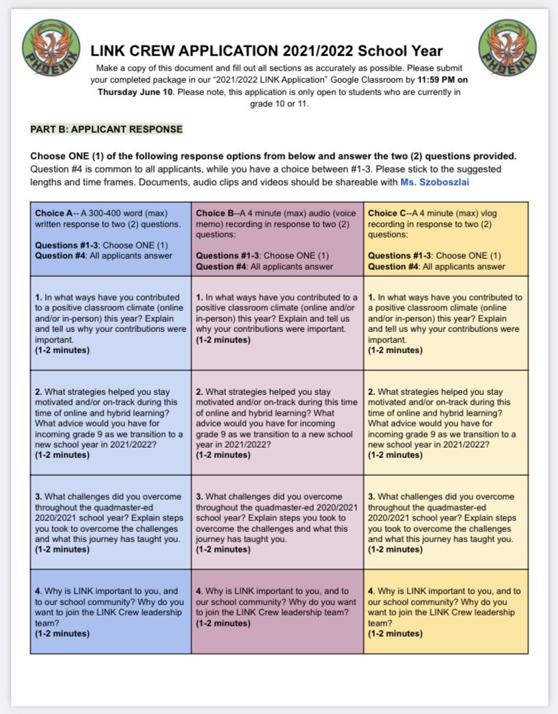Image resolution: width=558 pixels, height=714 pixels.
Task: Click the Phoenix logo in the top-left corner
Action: click(x=51, y=48)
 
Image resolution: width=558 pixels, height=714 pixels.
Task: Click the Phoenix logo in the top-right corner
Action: click(x=506, y=48)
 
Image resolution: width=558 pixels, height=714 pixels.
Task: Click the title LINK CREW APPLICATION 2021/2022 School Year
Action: click(x=267, y=51)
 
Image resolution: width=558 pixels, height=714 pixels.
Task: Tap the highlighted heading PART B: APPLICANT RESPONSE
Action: click(x=106, y=129)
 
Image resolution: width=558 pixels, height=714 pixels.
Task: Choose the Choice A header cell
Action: click(x=111, y=239)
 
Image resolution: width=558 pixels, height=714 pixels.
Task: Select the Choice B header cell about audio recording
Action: click(x=277, y=239)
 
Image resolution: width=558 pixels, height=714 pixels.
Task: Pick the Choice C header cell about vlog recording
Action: click(x=446, y=239)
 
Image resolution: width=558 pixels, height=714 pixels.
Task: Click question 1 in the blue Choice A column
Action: click(x=111, y=323)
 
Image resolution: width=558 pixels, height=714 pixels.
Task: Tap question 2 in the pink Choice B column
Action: click(x=277, y=422)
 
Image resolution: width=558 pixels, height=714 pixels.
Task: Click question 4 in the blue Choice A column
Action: click(x=111, y=611)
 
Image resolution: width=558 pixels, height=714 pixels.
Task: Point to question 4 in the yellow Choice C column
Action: click(x=446, y=611)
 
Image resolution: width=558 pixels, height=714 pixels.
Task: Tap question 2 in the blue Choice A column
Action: click(x=111, y=422)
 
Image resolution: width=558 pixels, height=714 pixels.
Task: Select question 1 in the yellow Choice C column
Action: click(x=446, y=323)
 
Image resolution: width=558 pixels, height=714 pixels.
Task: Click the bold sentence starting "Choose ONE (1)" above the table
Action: click(x=274, y=155)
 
